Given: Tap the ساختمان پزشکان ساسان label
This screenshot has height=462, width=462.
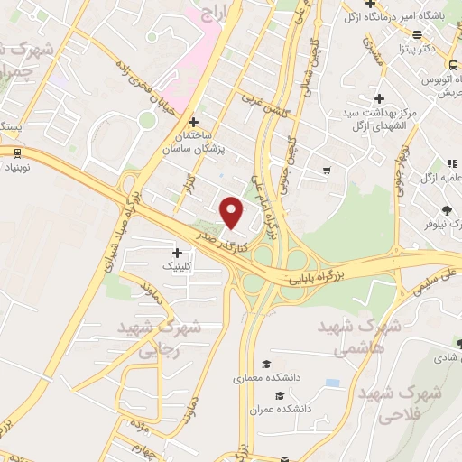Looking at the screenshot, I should tap(192, 142).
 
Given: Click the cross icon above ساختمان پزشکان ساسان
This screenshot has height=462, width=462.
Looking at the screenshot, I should tap(192, 122).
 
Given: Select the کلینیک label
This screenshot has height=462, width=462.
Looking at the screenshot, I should tap(176, 265).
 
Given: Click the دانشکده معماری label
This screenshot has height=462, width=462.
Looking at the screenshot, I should tap(263, 379).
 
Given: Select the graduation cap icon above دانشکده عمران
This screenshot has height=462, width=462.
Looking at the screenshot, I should tap(280, 397).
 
